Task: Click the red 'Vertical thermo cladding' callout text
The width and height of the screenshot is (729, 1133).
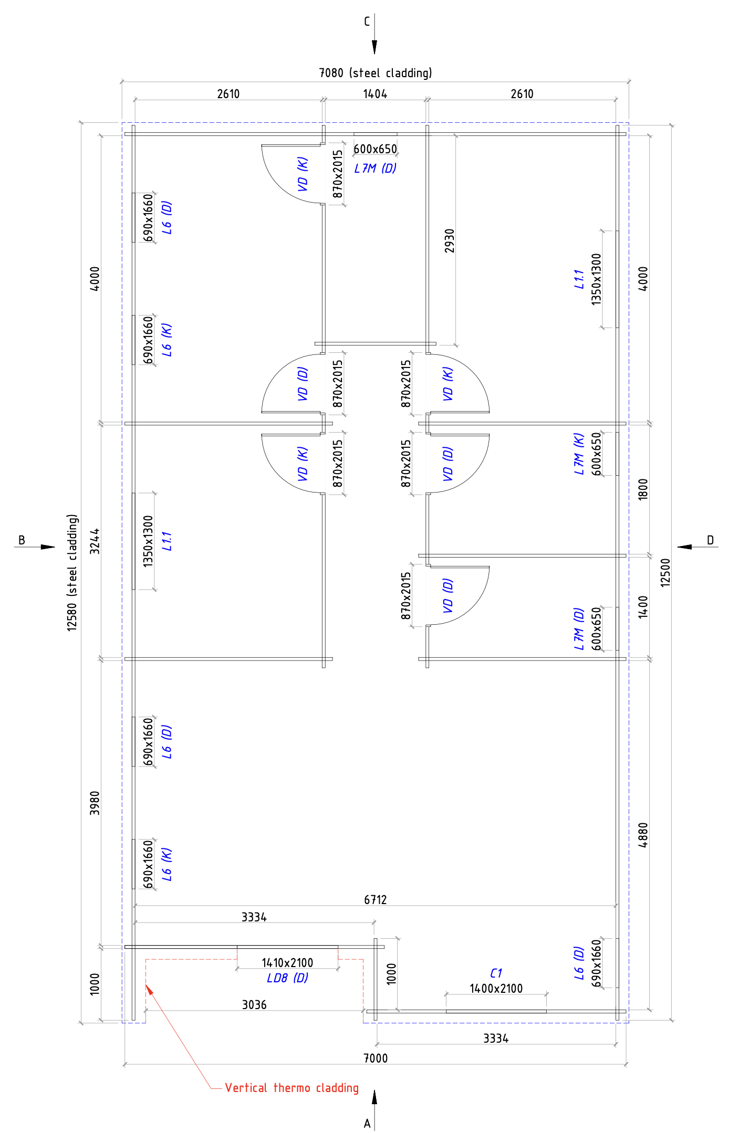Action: click(291, 1088)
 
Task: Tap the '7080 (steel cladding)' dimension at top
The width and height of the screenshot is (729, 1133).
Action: click(376, 73)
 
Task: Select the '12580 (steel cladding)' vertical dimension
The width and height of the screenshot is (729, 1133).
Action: click(72, 572)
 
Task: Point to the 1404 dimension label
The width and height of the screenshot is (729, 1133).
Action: click(375, 94)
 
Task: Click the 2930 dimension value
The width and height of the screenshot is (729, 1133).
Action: click(450, 240)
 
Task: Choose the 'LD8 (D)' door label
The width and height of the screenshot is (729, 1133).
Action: click(287, 978)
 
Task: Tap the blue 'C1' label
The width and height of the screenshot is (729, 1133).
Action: click(496, 973)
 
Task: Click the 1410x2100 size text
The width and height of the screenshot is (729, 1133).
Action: click(287, 963)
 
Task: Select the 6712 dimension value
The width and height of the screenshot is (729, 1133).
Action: click(376, 900)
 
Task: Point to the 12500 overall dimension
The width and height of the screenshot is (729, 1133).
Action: click(665, 572)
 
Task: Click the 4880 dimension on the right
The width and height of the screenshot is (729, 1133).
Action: click(643, 835)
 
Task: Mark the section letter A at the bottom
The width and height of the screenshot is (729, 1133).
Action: click(367, 1124)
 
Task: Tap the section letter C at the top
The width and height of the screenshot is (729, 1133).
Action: click(367, 22)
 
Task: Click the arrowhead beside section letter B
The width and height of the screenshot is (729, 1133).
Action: click(48, 547)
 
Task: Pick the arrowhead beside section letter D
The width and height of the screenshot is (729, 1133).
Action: click(684, 547)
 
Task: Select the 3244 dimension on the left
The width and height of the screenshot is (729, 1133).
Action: click(95, 541)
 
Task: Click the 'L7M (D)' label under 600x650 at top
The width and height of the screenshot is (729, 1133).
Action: click(375, 169)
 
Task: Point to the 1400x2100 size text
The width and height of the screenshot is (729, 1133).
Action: click(496, 989)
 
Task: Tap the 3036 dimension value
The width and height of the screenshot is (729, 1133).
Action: click(254, 1005)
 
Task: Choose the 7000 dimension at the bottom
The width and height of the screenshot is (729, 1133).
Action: click(376, 1058)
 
